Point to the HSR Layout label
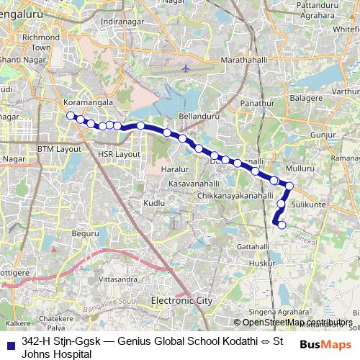[x=119, y=154]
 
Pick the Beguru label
[x=85, y=233]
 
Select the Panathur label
[x=257, y=104]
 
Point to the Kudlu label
[x=154, y=204]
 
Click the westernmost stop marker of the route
[x=70, y=115]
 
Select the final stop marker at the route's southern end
[x=282, y=225]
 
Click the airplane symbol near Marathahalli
[x=186, y=68]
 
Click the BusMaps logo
[x=325, y=344]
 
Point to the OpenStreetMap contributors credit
[x=297, y=323]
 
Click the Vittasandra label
[x=117, y=277]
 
